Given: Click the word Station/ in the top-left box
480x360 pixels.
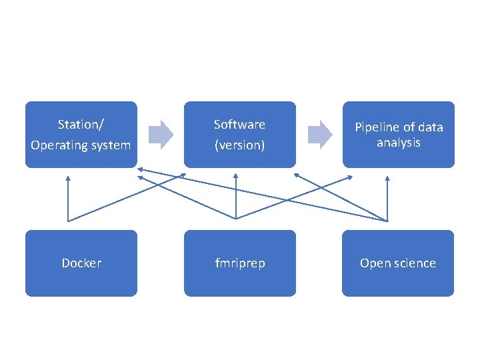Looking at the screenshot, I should pos(81,125).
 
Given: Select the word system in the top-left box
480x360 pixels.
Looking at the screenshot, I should pos(109,145).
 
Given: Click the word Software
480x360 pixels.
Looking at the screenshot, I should pos(239,125).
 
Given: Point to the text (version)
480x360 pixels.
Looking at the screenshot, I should pos(239,145).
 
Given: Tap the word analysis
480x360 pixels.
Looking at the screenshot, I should pos(399,143).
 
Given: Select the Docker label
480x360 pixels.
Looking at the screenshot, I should pos(81,263).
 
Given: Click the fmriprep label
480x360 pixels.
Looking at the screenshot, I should pos(240,263).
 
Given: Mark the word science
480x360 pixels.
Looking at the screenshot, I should pos(413,263).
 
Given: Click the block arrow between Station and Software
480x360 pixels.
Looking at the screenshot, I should pos(160,134).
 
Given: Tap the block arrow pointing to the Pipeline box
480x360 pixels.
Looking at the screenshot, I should pos(319,134).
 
